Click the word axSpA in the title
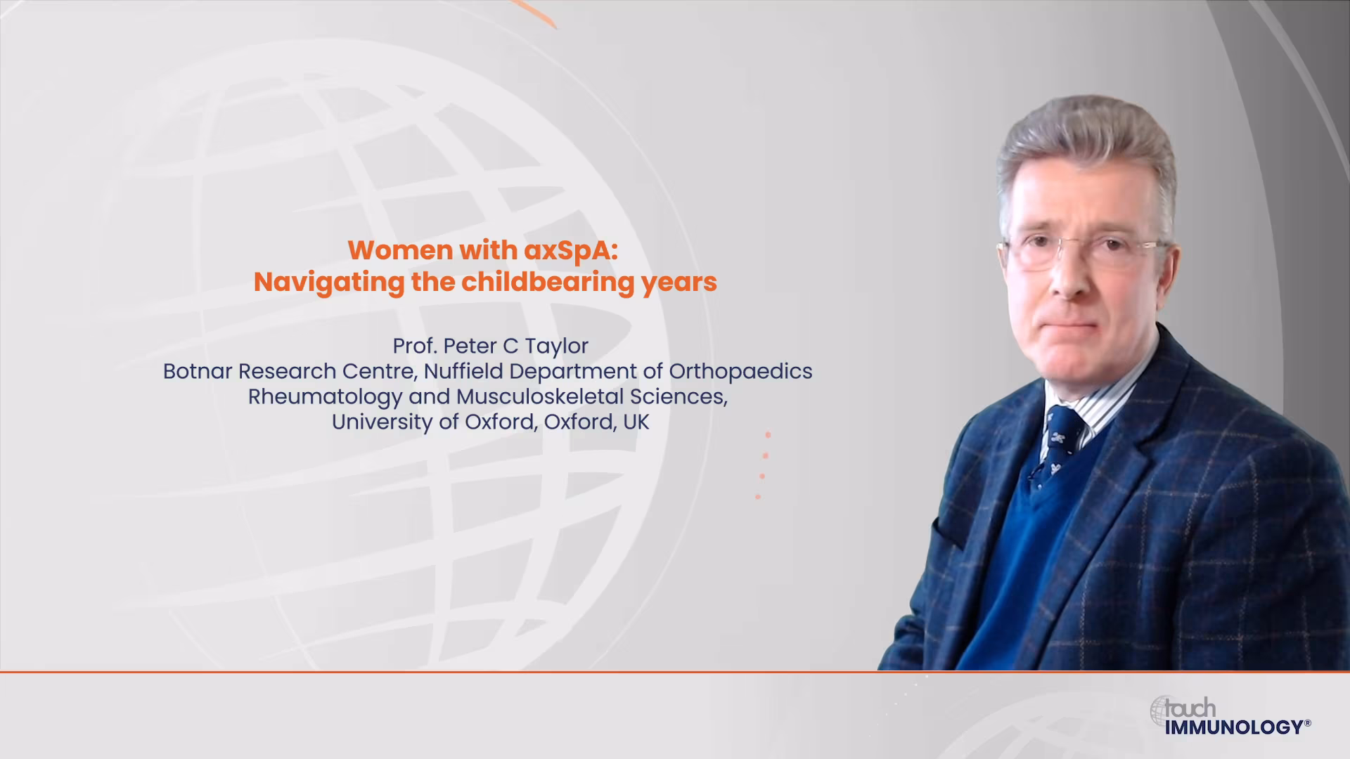click(572, 251)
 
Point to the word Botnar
click(198, 371)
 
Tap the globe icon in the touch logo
click(1161, 711)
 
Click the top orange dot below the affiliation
click(768, 435)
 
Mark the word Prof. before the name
click(415, 346)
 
